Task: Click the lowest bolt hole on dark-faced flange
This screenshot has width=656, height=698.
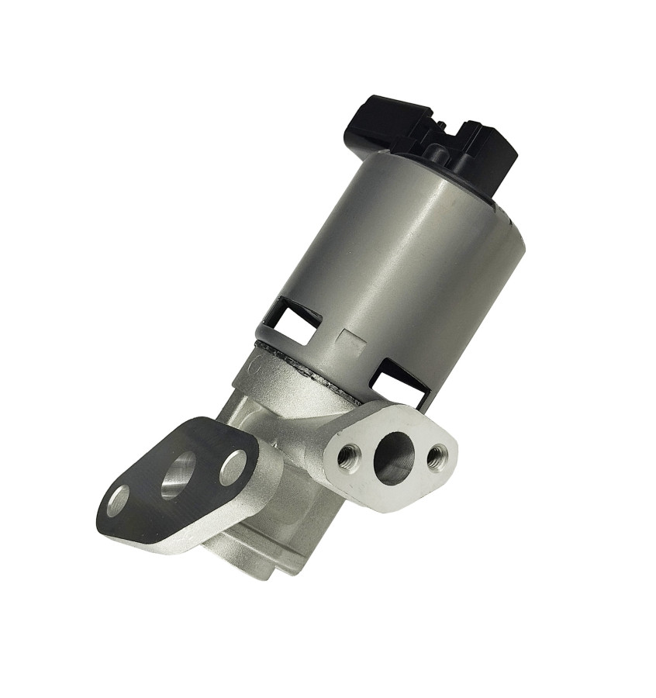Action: [x=119, y=500]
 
